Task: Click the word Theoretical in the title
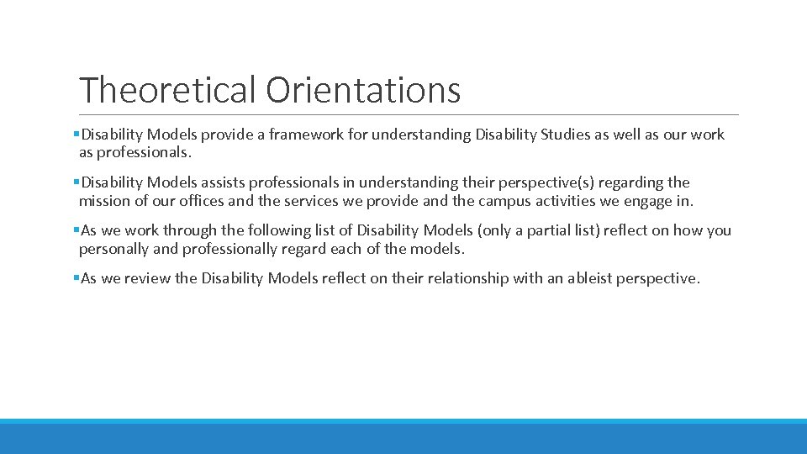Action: (167, 89)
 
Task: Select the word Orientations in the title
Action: (363, 89)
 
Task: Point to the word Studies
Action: (579, 135)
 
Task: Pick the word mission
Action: (103, 200)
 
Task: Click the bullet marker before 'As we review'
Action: (76, 278)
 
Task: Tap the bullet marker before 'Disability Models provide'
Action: (76, 135)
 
